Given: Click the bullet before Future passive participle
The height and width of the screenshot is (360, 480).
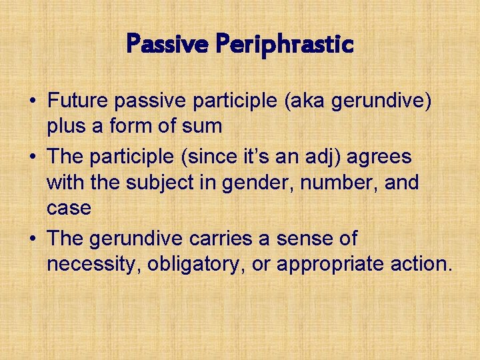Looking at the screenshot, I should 31,102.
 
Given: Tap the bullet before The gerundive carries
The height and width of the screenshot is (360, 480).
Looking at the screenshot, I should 31,239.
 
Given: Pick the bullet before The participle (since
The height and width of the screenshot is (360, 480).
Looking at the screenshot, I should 31,158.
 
